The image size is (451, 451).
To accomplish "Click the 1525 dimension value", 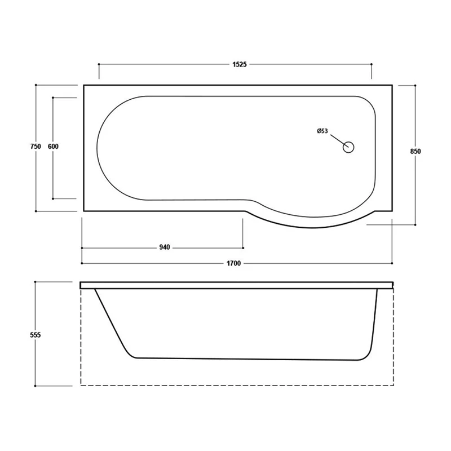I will [x=240, y=65].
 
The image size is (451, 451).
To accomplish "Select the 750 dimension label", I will [x=35, y=147].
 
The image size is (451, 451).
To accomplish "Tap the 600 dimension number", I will [x=54, y=147].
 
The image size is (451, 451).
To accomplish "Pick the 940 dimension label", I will [x=164, y=247].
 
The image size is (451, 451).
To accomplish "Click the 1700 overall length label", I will [x=235, y=263].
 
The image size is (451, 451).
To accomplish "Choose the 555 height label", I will [x=35, y=334].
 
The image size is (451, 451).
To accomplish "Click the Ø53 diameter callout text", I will [x=322, y=131].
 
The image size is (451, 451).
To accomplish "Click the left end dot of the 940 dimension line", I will [x=82, y=247].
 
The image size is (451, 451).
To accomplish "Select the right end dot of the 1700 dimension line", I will [x=393, y=263].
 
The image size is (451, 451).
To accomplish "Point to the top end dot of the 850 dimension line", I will [x=416, y=85].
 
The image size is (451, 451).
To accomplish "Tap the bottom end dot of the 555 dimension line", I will [x=35, y=386].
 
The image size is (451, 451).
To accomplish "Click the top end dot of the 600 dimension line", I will [x=54, y=98].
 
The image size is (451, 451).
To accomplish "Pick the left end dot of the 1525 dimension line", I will [x=99, y=65].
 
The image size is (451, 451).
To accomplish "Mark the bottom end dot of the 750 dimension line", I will [x=35, y=211].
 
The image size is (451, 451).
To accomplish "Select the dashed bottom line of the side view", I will [x=237, y=386].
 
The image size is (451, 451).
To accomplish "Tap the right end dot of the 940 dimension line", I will [x=243, y=247].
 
